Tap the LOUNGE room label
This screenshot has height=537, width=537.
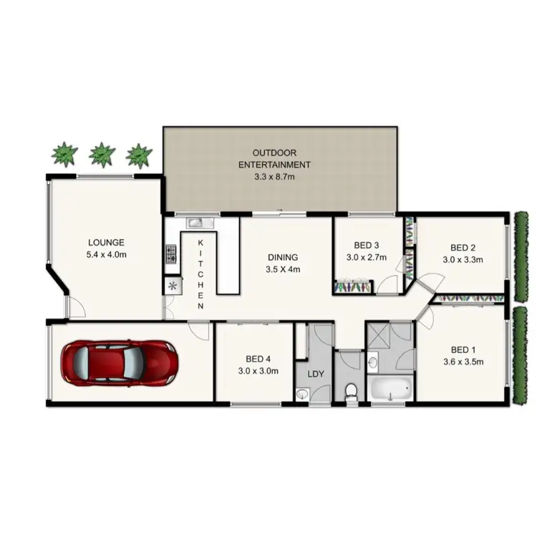click(x=107, y=242)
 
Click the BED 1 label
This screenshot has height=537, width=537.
click(x=463, y=349)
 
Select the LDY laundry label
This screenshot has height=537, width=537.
click(x=315, y=374)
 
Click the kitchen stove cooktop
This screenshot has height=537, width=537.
click(x=171, y=253)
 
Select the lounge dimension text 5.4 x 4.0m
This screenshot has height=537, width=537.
click(x=107, y=254)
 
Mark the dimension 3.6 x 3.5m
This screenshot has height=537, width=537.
click(x=463, y=362)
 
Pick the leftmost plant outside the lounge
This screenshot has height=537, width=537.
click(x=64, y=154)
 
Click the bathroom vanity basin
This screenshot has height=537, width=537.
click(x=372, y=363)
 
